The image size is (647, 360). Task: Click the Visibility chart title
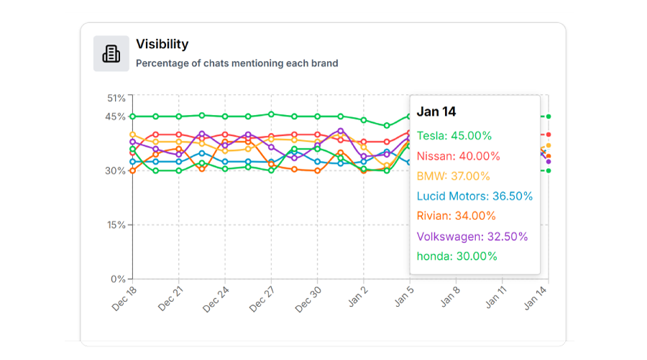tap(162, 45)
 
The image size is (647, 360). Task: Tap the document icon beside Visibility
tap(111, 54)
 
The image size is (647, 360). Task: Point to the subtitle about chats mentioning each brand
tap(237, 63)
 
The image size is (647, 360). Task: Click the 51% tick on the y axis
tap(116, 98)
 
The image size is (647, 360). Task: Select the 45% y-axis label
tap(116, 116)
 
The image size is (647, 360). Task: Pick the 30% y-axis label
tap(116, 170)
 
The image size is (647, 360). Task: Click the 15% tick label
tap(116, 225)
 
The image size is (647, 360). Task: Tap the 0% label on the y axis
tap(119, 279)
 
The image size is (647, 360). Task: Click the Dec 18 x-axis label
tap(124, 296)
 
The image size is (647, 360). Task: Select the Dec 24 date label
tap(216, 296)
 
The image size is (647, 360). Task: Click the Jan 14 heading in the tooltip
tap(436, 112)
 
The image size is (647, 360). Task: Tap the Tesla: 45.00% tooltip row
tap(454, 136)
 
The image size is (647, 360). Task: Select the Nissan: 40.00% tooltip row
tap(459, 156)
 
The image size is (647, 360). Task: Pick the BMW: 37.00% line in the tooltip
tap(453, 176)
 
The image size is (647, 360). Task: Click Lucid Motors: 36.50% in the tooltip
tap(474, 196)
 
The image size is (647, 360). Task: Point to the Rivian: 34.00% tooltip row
tap(456, 216)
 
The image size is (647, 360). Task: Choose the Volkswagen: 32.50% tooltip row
tap(472, 236)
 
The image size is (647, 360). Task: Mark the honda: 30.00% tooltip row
tap(456, 257)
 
